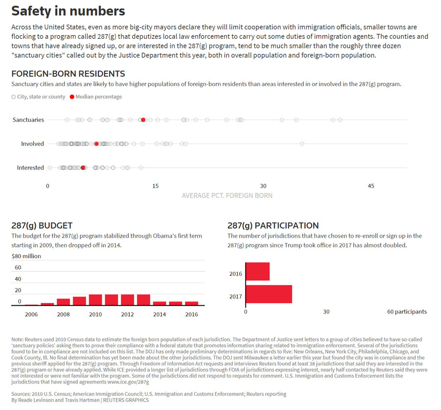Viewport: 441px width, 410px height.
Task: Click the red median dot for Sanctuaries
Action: (143, 120)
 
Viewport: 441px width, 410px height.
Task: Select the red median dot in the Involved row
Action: (97, 144)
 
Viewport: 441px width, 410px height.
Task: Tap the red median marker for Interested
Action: (83, 168)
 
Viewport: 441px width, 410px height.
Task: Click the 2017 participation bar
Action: (269, 294)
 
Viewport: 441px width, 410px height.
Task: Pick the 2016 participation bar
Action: (258, 271)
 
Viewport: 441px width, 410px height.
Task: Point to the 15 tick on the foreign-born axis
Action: (155, 186)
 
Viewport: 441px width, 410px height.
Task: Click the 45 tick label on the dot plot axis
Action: (371, 186)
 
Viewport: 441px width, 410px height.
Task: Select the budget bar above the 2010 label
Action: (96, 300)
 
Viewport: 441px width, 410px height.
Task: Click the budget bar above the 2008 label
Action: (63, 302)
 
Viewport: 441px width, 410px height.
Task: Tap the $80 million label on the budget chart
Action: (26, 256)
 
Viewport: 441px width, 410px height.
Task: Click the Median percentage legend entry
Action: (96, 96)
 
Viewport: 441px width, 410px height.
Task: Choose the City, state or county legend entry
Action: (38, 96)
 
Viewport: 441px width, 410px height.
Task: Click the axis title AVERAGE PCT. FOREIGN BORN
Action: (227, 195)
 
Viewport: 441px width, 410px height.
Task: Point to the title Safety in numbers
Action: (68, 11)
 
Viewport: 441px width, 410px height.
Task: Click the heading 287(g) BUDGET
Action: (42, 225)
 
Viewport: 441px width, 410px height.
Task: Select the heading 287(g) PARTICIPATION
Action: (273, 225)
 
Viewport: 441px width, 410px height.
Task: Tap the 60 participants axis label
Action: (407, 312)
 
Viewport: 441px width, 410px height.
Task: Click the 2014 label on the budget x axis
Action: (159, 314)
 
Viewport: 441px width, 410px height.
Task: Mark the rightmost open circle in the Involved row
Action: (302, 144)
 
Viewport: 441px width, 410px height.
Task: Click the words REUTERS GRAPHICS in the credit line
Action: (126, 400)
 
